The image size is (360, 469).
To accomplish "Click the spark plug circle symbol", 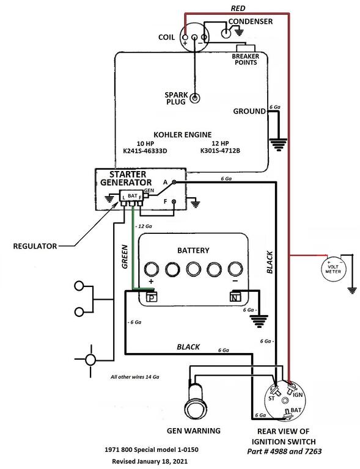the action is click(x=195, y=98).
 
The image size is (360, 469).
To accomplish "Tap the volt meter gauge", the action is click(x=333, y=269).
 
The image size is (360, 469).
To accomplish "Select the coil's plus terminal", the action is click(x=185, y=37).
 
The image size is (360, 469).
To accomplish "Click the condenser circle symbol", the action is click(x=226, y=33).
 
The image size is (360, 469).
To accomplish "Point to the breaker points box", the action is click(x=246, y=48).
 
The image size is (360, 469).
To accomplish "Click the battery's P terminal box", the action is click(x=152, y=297).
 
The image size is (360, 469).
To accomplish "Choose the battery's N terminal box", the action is click(x=235, y=297).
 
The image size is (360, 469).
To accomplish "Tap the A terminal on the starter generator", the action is click(x=174, y=182).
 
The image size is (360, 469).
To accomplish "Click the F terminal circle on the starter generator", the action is click(x=174, y=202).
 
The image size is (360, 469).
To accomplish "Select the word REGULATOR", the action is click(x=35, y=246).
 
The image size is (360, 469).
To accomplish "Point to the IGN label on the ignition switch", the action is click(x=298, y=395).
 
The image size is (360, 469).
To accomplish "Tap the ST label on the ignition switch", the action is click(x=271, y=398).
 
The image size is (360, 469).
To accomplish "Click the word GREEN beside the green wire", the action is click(x=125, y=256).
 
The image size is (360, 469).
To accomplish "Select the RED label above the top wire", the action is click(x=238, y=9).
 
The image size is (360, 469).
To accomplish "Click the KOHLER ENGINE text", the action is click(x=183, y=134).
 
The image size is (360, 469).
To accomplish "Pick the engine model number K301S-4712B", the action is click(x=220, y=150).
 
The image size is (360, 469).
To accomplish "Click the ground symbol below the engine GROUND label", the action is click(x=278, y=145).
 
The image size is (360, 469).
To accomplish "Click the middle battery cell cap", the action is click(x=193, y=269).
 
